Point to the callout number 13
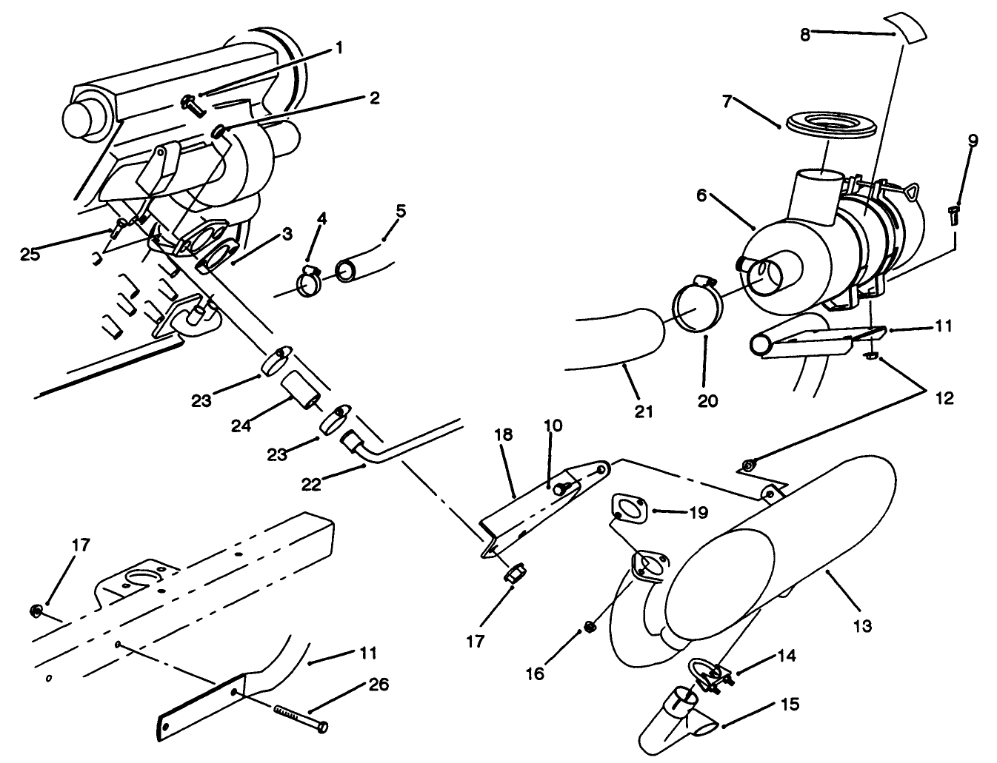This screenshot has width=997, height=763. click(862, 626)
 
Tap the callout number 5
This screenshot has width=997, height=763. click(401, 211)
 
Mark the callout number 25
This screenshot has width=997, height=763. click(30, 255)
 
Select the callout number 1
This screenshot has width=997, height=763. click(339, 48)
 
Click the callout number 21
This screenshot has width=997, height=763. click(644, 411)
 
